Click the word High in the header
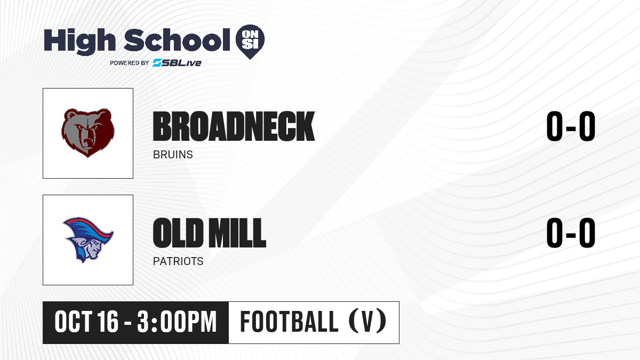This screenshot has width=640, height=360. tap(79, 41)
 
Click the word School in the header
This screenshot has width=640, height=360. tap(177, 39)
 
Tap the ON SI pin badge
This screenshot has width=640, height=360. tap(250, 42)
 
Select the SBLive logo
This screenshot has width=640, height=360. tap(177, 63)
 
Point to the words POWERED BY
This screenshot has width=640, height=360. tap(130, 63)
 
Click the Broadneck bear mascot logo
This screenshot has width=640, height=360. tap(88, 133)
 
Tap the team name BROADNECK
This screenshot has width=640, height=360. tap(234, 126)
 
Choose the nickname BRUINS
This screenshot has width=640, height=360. tap(173, 155)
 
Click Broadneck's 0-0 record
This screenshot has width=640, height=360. tap(571, 126)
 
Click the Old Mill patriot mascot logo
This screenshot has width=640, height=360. tap(88, 239)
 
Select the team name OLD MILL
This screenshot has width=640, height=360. tap(210, 233)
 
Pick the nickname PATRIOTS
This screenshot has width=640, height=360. tap(178, 261)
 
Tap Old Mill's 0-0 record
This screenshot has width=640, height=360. tap(571, 233)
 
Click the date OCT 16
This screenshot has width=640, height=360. tap(86, 322)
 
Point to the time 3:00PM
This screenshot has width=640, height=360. tap(177, 322)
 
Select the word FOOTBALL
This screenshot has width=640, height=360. tap(290, 322)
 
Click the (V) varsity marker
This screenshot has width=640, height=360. tap(367, 321)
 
